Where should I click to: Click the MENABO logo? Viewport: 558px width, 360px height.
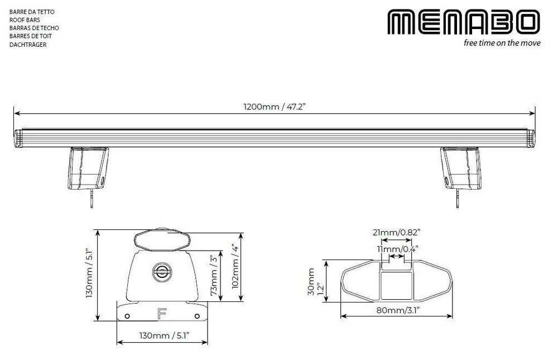click(x=463, y=22)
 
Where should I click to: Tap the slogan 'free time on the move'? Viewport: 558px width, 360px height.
click(x=502, y=43)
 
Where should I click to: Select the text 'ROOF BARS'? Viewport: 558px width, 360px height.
click(x=25, y=20)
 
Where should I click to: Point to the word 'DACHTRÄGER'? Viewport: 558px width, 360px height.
click(x=28, y=45)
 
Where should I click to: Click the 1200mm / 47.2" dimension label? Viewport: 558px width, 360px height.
click(x=275, y=107)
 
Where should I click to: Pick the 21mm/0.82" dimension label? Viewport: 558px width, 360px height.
click(x=396, y=233)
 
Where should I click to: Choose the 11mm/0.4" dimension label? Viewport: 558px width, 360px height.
click(x=397, y=248)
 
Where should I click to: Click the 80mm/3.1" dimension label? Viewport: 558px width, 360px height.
click(x=398, y=310)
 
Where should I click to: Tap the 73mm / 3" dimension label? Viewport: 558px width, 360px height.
click(x=214, y=275)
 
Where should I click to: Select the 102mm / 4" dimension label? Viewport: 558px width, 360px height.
click(x=235, y=266)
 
